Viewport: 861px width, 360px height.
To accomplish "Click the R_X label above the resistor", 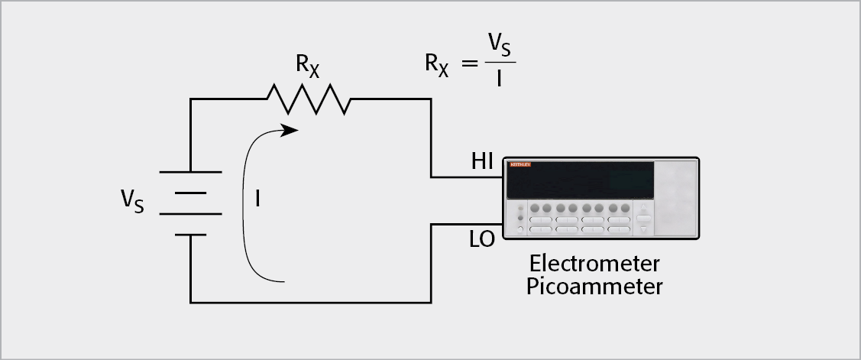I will point(307,66).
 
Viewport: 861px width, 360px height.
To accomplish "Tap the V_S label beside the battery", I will point(132,202).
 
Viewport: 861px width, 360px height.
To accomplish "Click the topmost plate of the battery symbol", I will point(190,171).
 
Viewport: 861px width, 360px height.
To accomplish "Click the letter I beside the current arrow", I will point(258,200).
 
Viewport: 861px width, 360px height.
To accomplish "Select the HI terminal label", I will point(482,161).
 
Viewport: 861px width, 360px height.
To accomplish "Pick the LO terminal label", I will point(482,240).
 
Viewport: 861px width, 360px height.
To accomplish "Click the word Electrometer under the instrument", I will point(594,264).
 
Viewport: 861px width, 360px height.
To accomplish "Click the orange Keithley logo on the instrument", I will point(520,165).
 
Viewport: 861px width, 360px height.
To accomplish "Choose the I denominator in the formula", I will point(500,77).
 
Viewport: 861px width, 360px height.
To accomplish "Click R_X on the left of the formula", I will point(437,63).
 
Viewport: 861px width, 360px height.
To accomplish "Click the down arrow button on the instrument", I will point(643,229).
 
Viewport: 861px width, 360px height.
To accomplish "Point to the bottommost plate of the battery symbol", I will point(190,235).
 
